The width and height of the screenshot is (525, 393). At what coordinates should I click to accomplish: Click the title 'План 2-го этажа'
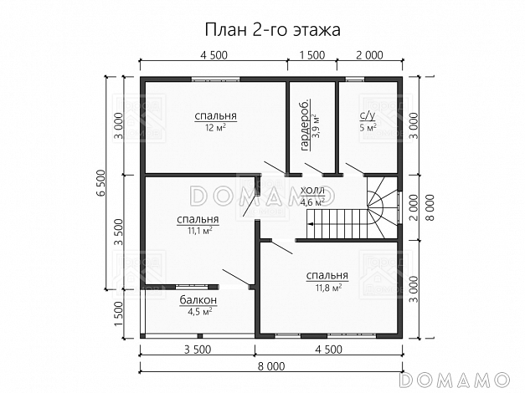coord(262,30)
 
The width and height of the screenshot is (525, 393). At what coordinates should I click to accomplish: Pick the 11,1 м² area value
coord(198,231)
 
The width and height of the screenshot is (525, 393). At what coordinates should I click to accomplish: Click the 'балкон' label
coord(198,299)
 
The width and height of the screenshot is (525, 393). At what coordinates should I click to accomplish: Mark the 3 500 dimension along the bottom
coord(197,349)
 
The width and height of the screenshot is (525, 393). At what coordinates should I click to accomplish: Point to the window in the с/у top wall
coord(355,79)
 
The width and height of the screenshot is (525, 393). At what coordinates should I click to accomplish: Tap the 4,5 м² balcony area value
coord(198,310)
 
